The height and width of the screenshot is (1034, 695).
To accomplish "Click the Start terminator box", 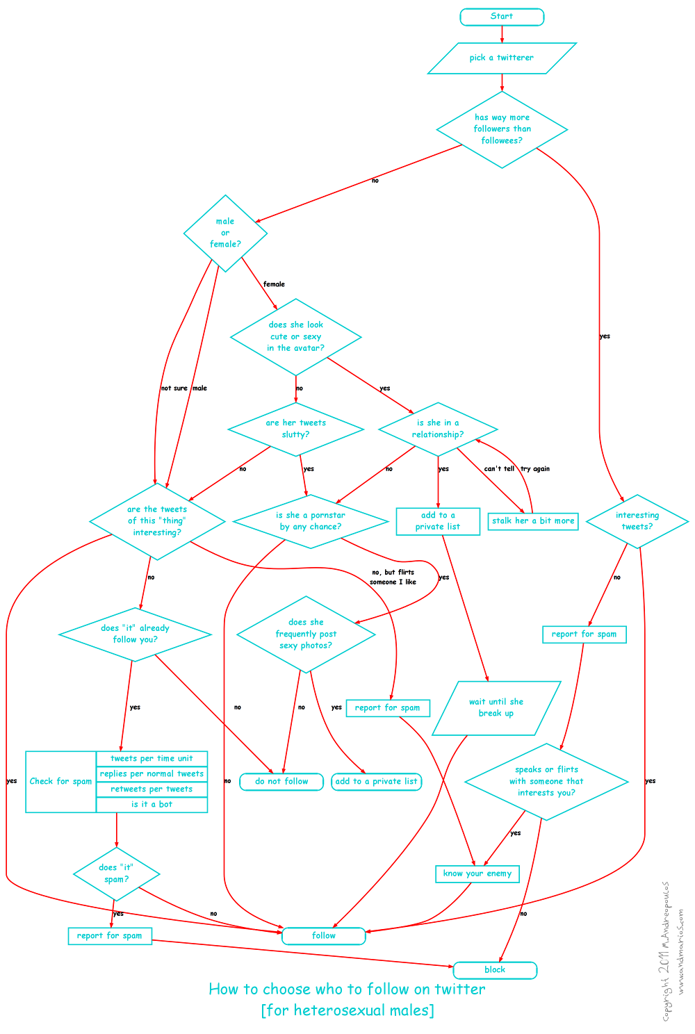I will point(502,17).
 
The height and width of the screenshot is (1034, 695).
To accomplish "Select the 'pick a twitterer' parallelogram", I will point(502,58).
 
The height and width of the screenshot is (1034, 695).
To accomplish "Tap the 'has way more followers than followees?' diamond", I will point(502,129).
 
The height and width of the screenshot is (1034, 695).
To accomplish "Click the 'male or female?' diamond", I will point(225,233).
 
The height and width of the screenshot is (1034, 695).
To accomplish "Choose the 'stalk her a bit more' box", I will point(533,521).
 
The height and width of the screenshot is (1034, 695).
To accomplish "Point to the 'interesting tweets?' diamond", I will point(637,521).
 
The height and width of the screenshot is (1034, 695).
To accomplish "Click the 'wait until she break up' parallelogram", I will point(496,707).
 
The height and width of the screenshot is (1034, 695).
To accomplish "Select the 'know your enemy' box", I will point(477,873).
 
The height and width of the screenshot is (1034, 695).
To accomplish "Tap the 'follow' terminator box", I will point(323,935).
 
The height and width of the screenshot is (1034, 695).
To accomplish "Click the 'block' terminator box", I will point(495,970).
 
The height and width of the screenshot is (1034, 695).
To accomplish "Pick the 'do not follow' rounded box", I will point(281,782).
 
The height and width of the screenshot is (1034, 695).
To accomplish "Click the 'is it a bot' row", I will point(152,805).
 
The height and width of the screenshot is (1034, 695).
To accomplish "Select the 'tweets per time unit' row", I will point(152,759).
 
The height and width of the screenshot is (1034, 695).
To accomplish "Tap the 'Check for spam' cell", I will point(60,782).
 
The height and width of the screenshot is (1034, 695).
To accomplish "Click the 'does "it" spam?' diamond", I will point(116,873).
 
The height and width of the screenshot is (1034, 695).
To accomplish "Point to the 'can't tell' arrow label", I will point(499,469).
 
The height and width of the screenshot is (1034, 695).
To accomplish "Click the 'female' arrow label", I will point(274,284).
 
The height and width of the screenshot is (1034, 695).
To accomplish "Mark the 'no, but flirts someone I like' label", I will point(393,577).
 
